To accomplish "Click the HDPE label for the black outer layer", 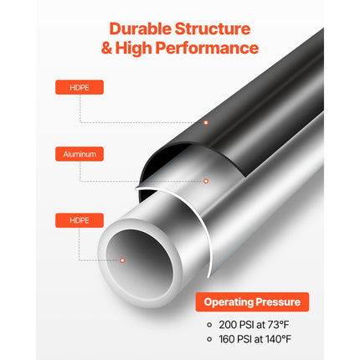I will pyautogui.click(x=68, y=87).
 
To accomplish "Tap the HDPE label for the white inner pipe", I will pyautogui.click(x=68, y=221).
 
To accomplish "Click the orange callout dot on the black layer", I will pyautogui.click(x=206, y=122).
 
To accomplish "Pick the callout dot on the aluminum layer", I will pyautogui.click(x=205, y=180).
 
